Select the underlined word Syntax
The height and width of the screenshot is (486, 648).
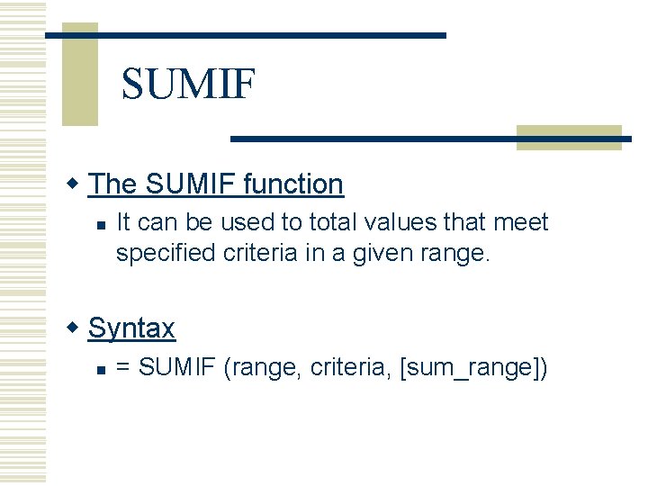pos(131,328)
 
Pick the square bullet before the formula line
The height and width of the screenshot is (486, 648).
pos(102,369)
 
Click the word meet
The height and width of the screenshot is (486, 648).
pos(522,222)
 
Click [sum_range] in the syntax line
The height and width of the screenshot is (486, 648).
pos(472,368)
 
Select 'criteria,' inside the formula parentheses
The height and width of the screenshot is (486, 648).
pos(349,368)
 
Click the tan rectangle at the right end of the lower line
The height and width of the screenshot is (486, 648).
pos(569,137)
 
